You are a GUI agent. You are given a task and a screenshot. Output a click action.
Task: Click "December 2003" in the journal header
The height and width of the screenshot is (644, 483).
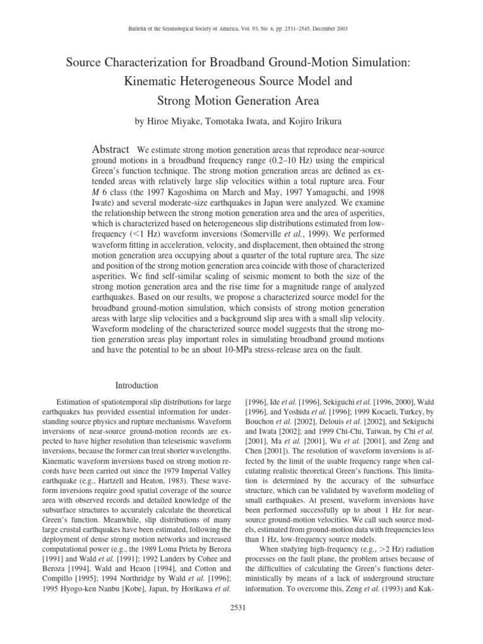[x=327, y=29]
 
